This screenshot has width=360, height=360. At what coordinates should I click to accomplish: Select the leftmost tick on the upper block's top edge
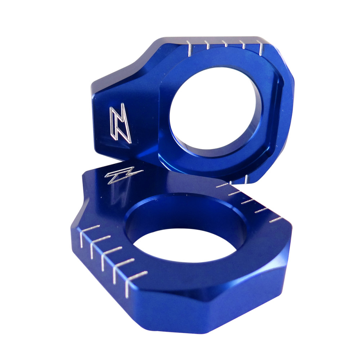[x=188, y=49]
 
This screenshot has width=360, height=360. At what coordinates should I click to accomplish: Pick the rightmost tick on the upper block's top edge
[x=261, y=48]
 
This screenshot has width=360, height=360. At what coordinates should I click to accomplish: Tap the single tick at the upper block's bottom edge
[x=245, y=179]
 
